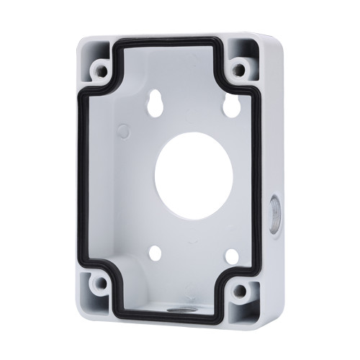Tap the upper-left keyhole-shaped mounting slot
point(154,107)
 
